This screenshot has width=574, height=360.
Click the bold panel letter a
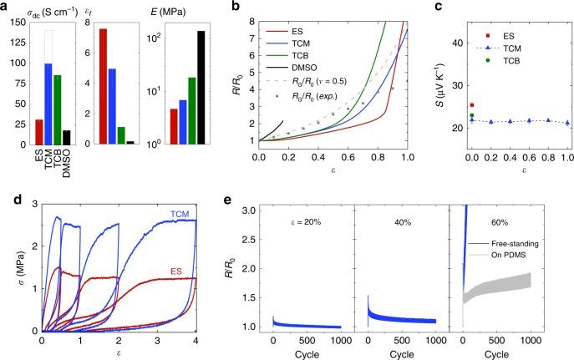coord(5,6)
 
